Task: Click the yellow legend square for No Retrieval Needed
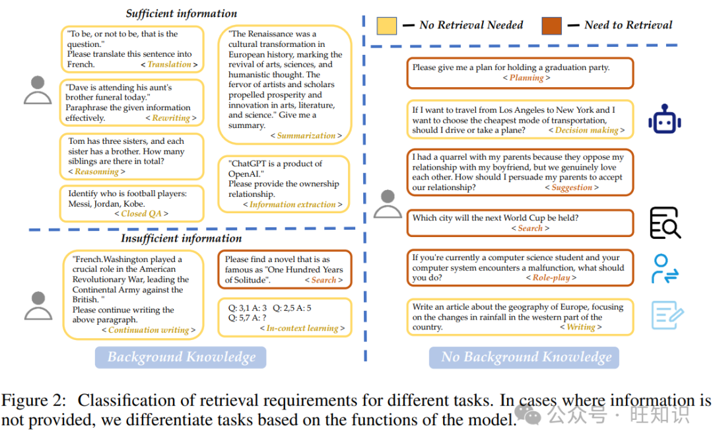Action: [387, 26]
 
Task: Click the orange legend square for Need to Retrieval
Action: [551, 26]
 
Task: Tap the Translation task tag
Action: [169, 65]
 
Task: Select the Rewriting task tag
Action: [171, 118]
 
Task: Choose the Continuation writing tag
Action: [149, 330]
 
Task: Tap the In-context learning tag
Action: [302, 328]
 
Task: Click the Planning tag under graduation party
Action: [526, 78]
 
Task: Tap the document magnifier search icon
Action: [665, 222]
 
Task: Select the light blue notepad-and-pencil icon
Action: [667, 315]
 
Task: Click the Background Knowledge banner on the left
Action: [181, 358]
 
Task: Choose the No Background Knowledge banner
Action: [526, 358]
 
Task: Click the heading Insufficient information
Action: [181, 238]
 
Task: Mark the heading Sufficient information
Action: [181, 13]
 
